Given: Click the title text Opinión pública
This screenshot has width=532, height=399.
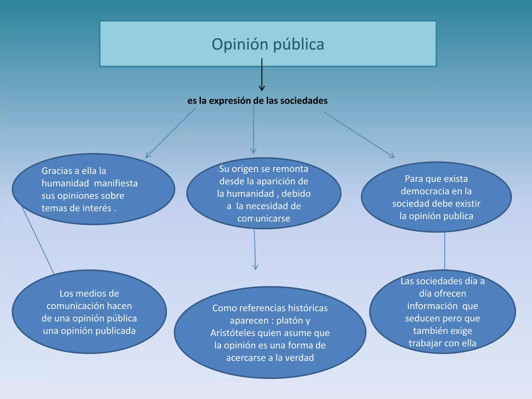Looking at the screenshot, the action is pyautogui.click(x=268, y=44).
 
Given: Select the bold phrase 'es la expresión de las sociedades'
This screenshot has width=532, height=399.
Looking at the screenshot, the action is pyautogui.click(x=257, y=101).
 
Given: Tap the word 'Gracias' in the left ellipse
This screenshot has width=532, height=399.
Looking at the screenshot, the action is pyautogui.click(x=57, y=171).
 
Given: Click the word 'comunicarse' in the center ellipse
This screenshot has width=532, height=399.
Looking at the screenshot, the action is pyautogui.click(x=264, y=218).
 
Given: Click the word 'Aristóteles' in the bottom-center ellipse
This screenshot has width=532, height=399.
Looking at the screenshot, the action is pyautogui.click(x=233, y=333).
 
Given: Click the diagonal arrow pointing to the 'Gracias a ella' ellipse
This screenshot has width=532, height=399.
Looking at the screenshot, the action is pyautogui.click(x=170, y=133).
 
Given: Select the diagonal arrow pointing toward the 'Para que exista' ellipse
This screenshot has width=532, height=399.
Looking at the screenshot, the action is pyautogui.click(x=359, y=135).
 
